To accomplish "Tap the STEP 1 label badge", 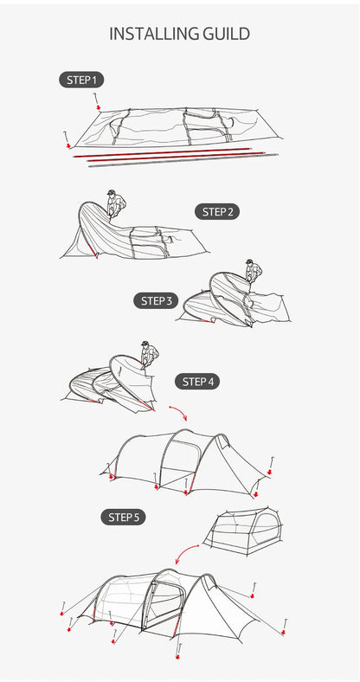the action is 81,80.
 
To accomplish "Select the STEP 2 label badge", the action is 217,212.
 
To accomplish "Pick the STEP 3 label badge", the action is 156,300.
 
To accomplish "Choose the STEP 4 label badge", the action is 197,382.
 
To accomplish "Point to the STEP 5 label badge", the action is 123,518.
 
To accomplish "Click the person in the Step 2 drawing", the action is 116,203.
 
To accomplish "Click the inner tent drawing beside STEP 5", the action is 244,531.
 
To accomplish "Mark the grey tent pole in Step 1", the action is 183,159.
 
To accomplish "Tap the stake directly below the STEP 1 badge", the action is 97,100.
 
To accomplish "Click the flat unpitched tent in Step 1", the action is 178,127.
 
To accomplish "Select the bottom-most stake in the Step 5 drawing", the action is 178,651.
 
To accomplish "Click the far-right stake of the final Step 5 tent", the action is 284,627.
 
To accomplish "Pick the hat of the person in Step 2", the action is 111,192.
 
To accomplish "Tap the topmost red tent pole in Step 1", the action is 163,152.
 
